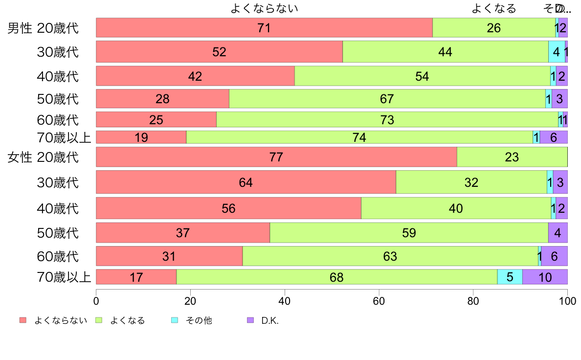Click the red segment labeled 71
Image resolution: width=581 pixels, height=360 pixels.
(264, 28)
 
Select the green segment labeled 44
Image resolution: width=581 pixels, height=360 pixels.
(445, 51)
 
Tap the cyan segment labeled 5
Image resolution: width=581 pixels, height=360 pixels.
(510, 277)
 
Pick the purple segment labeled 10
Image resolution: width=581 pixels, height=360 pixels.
(545, 277)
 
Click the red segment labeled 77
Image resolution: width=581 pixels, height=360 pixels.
(276, 157)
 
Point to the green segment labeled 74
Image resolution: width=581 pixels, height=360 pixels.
(359, 137)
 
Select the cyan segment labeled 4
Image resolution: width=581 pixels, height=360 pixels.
(557, 51)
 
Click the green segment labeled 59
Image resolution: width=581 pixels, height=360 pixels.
(409, 233)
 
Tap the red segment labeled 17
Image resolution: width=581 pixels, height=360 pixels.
(136, 277)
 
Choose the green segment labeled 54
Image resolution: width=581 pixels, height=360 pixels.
(422, 76)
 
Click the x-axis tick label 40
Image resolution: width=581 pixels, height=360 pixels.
(285, 299)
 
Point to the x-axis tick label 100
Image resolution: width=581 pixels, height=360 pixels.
(567, 299)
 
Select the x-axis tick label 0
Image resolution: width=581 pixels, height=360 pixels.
(96, 299)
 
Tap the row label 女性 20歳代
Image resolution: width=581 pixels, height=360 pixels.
(43, 157)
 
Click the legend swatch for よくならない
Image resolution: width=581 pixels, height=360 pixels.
(22, 320)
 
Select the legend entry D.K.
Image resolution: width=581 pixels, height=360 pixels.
(269, 321)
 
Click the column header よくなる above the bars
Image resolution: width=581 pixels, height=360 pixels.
(493, 8)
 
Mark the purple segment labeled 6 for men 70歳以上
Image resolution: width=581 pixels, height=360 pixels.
(554, 137)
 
